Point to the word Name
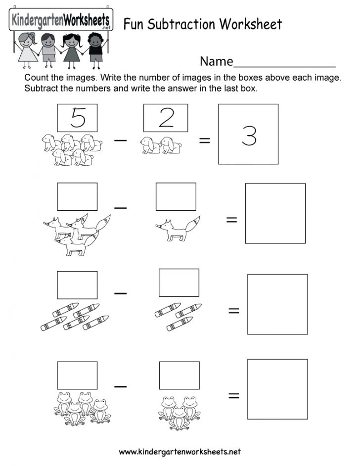[216, 61]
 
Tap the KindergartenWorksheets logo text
[60, 21]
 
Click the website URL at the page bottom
[180, 452]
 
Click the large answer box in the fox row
[275, 213]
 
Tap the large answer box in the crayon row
[277, 304]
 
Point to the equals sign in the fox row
[231, 220]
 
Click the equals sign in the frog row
[233, 395]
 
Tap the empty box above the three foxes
[77, 197]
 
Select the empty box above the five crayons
[77, 285]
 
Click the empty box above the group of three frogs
[179, 375]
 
